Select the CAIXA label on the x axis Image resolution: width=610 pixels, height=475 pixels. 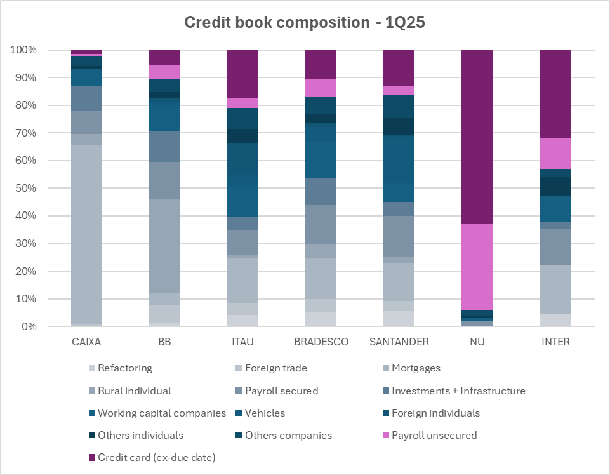[x=86, y=342]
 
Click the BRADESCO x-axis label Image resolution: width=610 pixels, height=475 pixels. [x=321, y=342]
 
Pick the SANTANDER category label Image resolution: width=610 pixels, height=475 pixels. [x=399, y=342]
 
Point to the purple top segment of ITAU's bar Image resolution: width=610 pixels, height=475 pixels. [x=243, y=74]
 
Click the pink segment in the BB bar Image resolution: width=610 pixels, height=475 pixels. [x=165, y=72]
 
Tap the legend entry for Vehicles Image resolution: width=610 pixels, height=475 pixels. [x=265, y=413]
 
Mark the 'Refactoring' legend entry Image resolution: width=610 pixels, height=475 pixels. [x=125, y=368]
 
